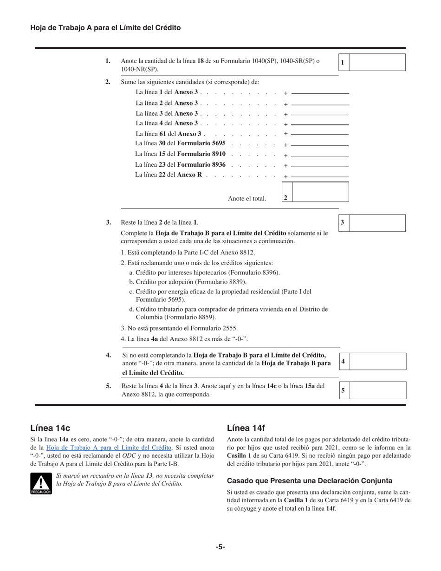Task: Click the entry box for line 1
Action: click(x=377, y=62)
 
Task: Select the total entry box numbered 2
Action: click(x=320, y=192)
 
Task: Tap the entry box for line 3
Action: click(x=377, y=223)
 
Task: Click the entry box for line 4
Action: click(x=377, y=361)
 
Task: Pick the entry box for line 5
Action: click(x=377, y=390)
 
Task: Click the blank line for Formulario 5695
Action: click(x=320, y=145)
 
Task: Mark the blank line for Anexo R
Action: click(x=320, y=176)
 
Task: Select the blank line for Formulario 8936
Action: click(x=320, y=166)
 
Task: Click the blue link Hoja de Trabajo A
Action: click(x=109, y=448)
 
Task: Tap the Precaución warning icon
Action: click(x=41, y=483)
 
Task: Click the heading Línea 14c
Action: click(x=50, y=428)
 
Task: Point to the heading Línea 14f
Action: click(x=246, y=428)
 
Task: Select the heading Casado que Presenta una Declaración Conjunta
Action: click(x=309, y=480)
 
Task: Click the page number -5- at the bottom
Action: click(x=220, y=547)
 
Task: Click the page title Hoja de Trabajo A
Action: click(x=105, y=28)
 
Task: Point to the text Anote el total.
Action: click(x=247, y=199)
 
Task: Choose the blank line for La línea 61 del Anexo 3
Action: click(x=320, y=134)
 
